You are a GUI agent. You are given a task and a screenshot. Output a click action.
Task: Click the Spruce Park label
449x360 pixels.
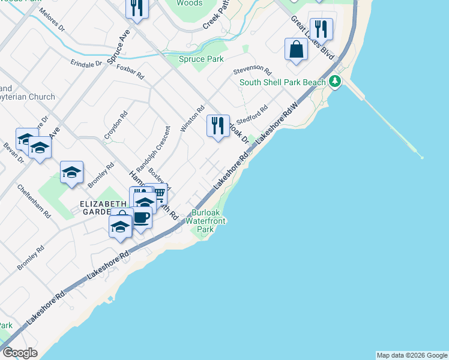pos(202,59)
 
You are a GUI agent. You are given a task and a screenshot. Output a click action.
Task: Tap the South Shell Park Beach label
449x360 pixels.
pos(283,82)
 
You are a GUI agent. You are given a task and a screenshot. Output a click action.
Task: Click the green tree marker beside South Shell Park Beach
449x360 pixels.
pos(336,81)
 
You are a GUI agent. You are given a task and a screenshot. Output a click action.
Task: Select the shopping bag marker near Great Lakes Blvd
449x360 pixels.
pos(297,49)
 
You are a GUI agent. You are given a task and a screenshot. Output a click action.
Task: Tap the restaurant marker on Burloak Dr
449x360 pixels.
pos(217,126)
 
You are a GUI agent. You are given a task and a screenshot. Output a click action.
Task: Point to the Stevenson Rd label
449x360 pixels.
pos(253,71)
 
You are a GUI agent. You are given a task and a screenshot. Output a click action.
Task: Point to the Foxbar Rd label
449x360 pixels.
pos(130,72)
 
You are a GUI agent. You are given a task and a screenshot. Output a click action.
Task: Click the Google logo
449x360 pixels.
pos(20,353)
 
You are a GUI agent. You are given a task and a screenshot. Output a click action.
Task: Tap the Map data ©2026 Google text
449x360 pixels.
pos(412,355)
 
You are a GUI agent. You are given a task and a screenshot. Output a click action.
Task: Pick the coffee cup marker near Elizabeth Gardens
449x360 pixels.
pos(142,218)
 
